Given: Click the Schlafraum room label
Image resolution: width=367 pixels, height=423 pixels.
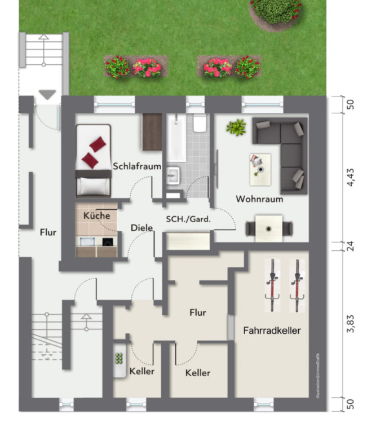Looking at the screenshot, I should point(137,167).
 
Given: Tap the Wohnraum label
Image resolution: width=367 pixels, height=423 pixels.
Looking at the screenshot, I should point(259,199).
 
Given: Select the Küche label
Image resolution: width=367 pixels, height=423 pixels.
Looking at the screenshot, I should point(97,215).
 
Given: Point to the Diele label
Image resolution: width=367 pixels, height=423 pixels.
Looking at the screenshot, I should point(142,228).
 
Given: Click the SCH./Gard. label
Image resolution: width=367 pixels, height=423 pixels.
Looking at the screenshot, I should point(188,219).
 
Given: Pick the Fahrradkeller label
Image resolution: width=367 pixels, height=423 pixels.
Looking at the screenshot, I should point(272,331).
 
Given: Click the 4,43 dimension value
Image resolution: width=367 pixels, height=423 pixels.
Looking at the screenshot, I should point(351,176).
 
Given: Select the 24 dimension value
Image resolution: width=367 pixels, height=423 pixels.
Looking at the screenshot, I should point(351,246).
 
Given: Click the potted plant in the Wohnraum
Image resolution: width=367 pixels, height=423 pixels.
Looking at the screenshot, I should point(236,127).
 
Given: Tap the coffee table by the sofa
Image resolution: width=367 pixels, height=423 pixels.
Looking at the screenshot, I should point(260,165).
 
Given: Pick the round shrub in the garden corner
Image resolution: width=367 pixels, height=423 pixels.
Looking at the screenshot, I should point(276,10).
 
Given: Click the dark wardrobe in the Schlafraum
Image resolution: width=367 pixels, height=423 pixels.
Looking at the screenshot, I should point(152,132).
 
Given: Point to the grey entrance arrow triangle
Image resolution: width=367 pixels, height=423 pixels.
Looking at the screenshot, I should point(47,95).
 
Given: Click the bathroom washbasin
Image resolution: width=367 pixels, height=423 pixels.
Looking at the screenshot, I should point(174,175).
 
